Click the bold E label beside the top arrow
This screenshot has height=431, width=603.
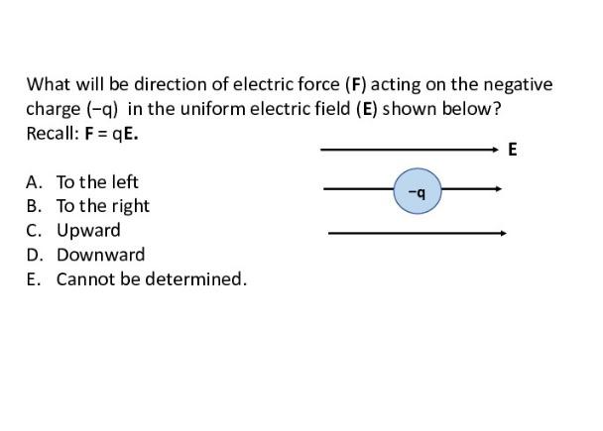(512, 151)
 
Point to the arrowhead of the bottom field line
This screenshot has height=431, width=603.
(503, 234)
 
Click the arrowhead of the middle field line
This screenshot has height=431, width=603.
(498, 188)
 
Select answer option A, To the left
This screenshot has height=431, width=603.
(96, 182)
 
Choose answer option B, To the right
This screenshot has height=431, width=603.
(102, 206)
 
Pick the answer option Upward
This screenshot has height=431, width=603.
(87, 231)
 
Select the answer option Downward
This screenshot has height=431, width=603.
(99, 255)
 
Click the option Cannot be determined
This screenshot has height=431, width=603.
(151, 279)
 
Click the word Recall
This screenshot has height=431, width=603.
(49, 133)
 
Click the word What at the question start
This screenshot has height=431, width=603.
(47, 85)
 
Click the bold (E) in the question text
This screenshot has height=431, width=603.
(365, 109)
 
